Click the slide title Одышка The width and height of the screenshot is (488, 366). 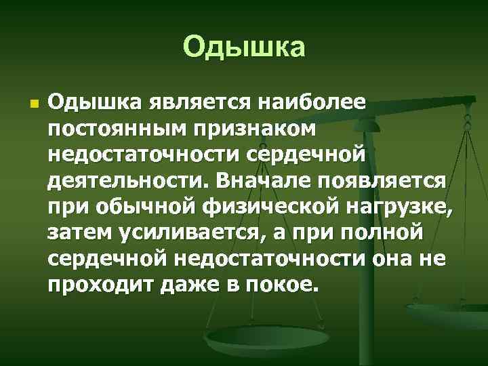[244, 47]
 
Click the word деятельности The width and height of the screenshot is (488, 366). [128, 182]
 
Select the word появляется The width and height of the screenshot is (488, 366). [386, 182]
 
